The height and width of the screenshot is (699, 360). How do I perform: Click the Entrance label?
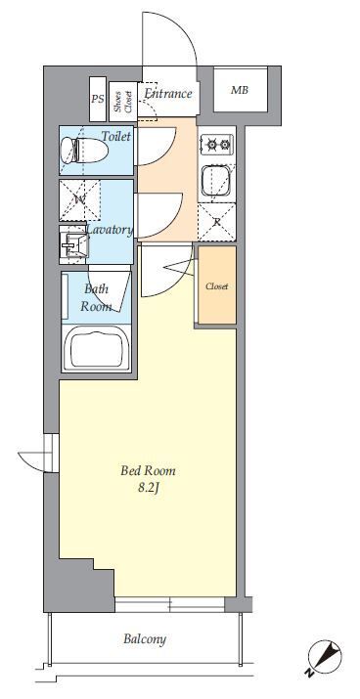point(168,94)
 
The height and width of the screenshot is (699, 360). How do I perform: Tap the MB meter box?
point(240,90)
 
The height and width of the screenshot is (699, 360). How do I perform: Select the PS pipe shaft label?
point(98,99)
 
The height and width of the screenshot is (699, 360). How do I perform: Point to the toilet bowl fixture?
point(84,150)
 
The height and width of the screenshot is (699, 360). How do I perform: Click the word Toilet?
point(116,136)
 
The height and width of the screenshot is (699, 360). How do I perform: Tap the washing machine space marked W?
point(80,200)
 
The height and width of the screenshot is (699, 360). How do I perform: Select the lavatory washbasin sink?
point(74,244)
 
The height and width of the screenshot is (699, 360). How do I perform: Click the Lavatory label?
point(110,230)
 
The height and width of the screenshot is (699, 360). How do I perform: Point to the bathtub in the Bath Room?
point(96,349)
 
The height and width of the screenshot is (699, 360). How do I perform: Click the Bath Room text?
point(96,297)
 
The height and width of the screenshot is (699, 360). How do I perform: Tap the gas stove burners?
point(217,144)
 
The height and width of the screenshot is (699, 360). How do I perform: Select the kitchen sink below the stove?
point(217,181)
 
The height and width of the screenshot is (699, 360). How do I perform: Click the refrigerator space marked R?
point(217,222)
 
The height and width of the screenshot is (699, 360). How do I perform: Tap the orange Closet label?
point(217,286)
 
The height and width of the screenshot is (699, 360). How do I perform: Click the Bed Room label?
point(148,471)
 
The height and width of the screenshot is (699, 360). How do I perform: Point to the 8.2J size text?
point(149,488)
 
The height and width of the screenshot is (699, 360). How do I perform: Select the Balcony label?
point(145,639)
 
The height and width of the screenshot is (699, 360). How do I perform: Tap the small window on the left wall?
point(52,454)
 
